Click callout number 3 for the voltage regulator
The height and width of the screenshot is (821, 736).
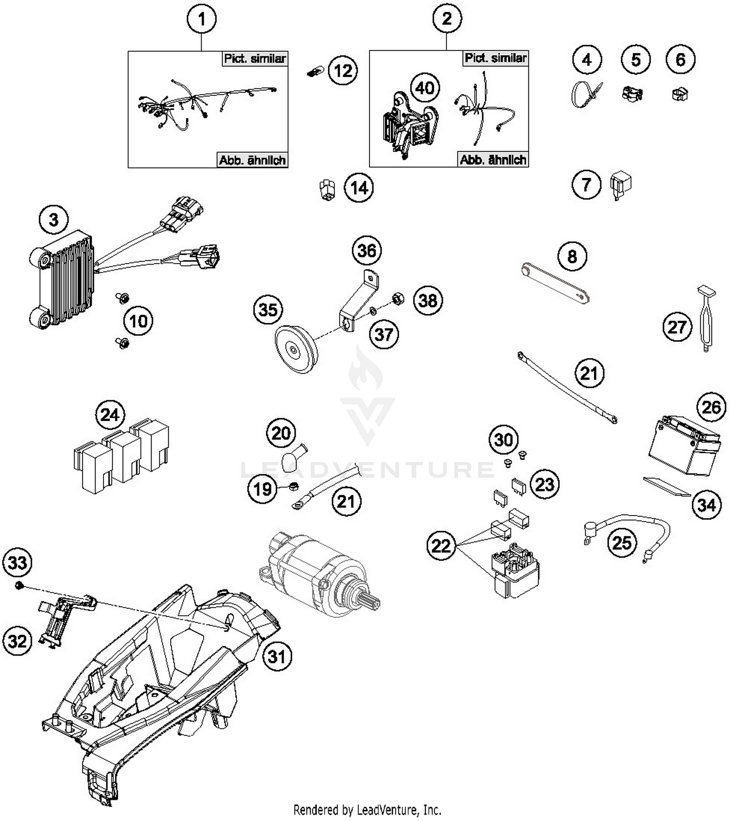pyautogui.click(x=53, y=219)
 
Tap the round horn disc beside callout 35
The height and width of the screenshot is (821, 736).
pyautogui.click(x=296, y=349)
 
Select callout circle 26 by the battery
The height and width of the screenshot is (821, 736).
pyautogui.click(x=711, y=407)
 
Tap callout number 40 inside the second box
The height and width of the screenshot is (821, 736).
pyautogui.click(x=424, y=88)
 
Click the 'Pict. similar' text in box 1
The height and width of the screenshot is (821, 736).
pyautogui.click(x=254, y=58)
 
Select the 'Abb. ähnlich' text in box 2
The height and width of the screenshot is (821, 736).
pyautogui.click(x=493, y=160)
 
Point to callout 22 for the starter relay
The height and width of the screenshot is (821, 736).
pyautogui.click(x=441, y=545)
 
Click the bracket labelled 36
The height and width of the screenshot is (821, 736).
pyautogui.click(x=360, y=300)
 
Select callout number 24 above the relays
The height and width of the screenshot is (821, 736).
pyautogui.click(x=110, y=415)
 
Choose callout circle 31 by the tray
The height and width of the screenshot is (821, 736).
pyautogui.click(x=277, y=656)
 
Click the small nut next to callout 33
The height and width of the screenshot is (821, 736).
pyautogui.click(x=20, y=585)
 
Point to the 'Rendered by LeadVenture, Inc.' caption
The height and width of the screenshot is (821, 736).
pyautogui.click(x=367, y=809)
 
